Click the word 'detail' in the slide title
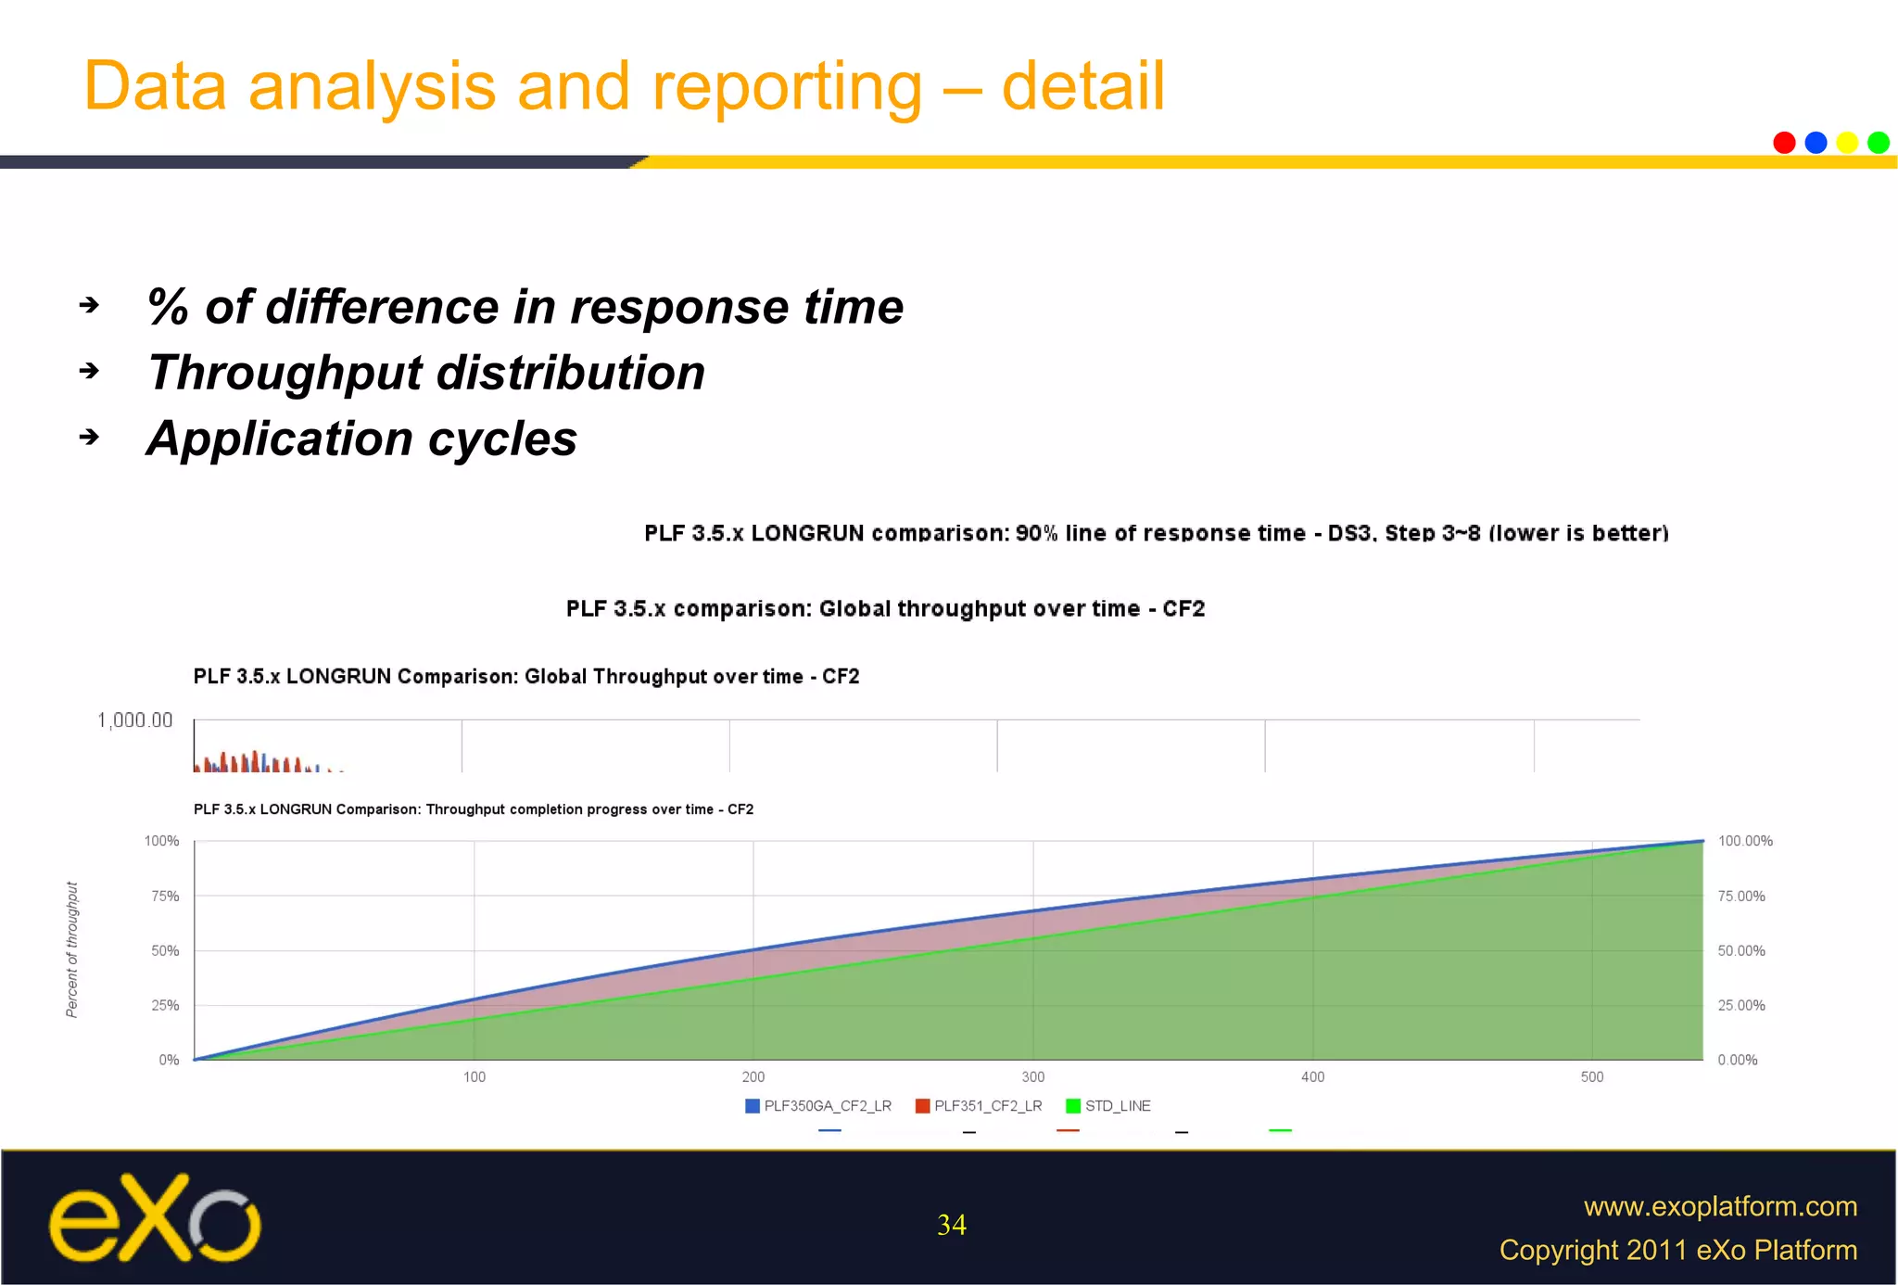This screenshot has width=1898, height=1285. tap(1082, 86)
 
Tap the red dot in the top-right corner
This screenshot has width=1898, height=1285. tap(1784, 143)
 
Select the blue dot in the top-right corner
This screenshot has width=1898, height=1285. tap(1816, 143)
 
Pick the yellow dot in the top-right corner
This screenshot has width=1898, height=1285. tap(1847, 143)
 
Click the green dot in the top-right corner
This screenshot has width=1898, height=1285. tap(1879, 143)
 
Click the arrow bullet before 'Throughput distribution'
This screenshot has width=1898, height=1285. tap(89, 371)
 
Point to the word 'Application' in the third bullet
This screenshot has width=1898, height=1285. tap(278, 438)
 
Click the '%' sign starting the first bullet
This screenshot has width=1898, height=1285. tap(168, 307)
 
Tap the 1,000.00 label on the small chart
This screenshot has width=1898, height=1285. tap(135, 720)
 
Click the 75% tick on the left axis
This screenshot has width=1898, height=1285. tap(165, 896)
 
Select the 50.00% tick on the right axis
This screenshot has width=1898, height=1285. tap(1740, 950)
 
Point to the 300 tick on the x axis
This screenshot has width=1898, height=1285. tap(1032, 1076)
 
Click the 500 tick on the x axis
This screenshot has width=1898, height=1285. tap(1591, 1076)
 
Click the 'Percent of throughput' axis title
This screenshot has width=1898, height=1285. tap(72, 949)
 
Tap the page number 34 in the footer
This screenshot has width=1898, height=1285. tap(951, 1225)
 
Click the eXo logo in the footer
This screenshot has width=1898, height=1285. tap(155, 1218)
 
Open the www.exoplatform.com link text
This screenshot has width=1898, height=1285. tap(1720, 1206)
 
